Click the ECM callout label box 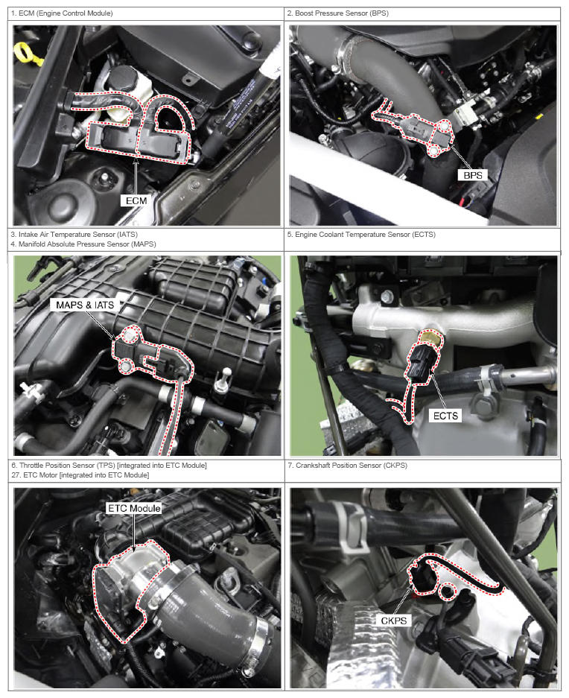(136, 201)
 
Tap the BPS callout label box (472, 175)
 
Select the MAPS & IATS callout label (85, 305)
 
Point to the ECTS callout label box (445, 416)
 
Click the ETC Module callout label (134, 508)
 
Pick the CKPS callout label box (393, 621)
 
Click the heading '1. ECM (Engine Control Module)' (62, 13)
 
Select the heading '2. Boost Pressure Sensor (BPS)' (338, 13)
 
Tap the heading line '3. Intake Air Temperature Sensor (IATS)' (74, 234)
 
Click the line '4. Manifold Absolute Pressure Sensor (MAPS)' (83, 244)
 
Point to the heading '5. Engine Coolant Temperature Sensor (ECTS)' (361, 234)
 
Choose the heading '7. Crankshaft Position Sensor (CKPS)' (347, 465)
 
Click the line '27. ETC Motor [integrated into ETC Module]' (80, 475)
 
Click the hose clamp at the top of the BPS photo (350, 51)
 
